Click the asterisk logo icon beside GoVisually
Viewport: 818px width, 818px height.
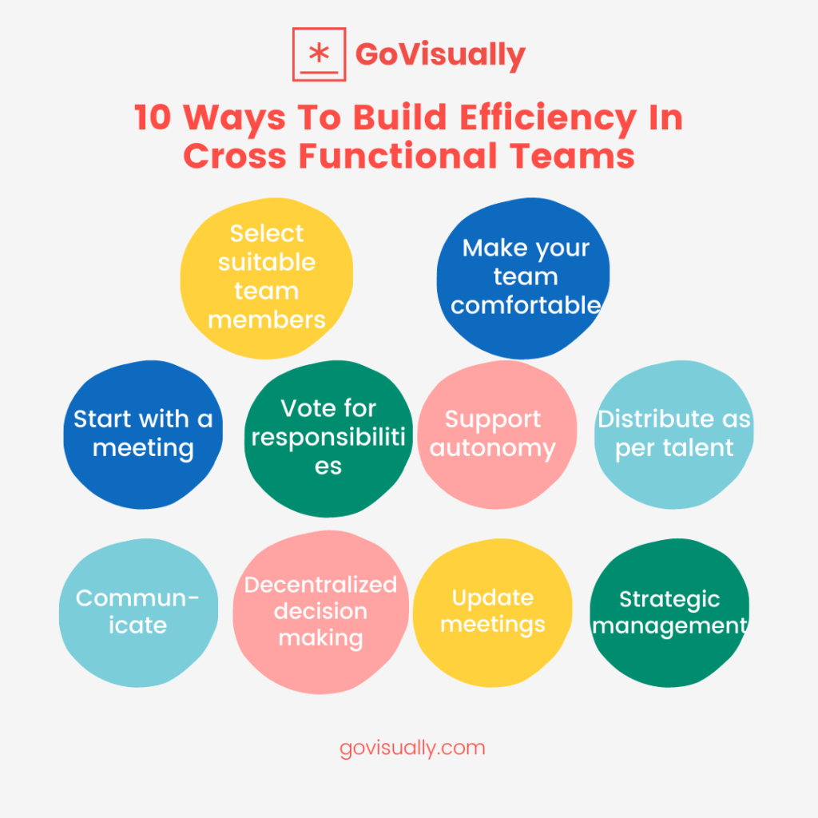point(319,54)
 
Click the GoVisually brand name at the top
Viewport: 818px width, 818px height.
point(440,54)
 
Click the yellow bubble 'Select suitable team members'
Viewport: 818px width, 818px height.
point(266,276)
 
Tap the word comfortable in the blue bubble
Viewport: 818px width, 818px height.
point(526,305)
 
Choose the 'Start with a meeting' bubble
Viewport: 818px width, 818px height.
point(143,434)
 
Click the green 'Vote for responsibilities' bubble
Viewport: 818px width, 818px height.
point(328,437)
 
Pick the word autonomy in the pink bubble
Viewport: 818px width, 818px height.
point(493,448)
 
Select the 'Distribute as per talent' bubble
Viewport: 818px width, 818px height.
point(674,433)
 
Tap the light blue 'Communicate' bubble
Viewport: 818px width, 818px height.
point(137,612)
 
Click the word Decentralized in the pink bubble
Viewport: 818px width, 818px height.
point(320,585)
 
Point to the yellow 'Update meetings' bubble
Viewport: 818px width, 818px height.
point(493,611)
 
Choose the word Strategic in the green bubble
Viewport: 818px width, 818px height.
point(669,599)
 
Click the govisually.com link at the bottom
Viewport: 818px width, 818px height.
point(412,749)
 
